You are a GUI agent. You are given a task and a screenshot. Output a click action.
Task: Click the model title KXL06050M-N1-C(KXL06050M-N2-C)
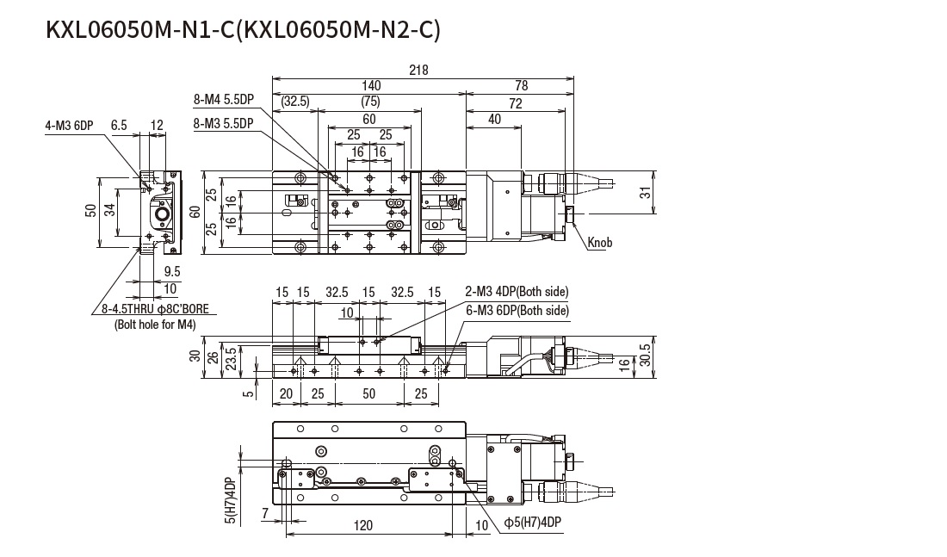click(x=244, y=31)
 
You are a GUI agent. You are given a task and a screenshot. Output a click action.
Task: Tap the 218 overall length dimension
click(x=419, y=71)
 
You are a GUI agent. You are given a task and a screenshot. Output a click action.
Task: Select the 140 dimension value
click(x=371, y=85)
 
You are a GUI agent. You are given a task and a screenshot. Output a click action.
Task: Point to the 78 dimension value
click(x=522, y=85)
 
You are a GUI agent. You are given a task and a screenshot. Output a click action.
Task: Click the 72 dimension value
click(x=516, y=102)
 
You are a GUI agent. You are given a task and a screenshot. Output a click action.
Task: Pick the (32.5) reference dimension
click(x=294, y=102)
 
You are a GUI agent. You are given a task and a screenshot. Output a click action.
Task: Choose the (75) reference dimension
click(x=370, y=102)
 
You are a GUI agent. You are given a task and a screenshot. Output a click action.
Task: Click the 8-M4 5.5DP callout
click(x=224, y=100)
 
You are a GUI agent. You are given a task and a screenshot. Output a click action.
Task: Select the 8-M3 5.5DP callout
click(x=224, y=124)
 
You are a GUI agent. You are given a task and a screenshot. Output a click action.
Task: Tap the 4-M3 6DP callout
click(x=70, y=126)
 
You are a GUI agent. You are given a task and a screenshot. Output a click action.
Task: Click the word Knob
click(x=600, y=244)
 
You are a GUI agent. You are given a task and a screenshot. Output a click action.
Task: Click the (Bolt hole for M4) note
click(x=155, y=325)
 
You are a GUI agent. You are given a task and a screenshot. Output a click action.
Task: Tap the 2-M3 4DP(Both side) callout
click(x=517, y=292)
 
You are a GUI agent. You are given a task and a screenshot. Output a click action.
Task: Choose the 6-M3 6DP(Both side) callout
click(x=517, y=310)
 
